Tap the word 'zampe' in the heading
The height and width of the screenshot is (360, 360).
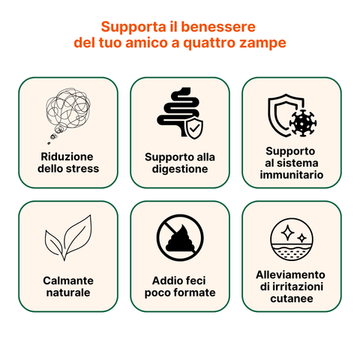[262, 43]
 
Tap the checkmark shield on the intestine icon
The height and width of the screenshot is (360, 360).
[194, 129]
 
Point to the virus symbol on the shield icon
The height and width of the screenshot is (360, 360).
[303, 121]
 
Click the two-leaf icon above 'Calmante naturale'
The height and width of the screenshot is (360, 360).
[67, 237]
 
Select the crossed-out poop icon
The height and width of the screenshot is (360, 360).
[179, 238]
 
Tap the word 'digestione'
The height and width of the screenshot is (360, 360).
[180, 169]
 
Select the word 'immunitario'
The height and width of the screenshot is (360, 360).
[291, 175]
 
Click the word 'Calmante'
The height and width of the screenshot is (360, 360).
[67, 280]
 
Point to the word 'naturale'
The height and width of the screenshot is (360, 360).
[67, 292]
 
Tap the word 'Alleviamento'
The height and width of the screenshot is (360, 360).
[291, 274]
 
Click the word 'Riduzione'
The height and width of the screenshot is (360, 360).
[67, 157]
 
